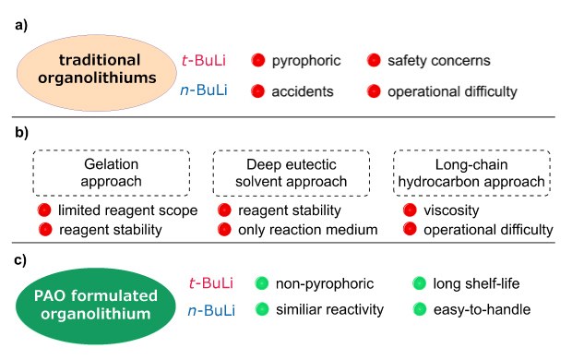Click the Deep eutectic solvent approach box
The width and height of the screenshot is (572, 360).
[292, 172]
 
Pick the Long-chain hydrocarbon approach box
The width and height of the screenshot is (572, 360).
[472, 172]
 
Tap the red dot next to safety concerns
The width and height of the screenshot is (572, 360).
[374, 61]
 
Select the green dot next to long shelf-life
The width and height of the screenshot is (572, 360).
[421, 283]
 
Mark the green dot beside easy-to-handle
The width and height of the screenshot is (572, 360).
[421, 309]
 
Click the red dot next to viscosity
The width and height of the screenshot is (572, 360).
[410, 210]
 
